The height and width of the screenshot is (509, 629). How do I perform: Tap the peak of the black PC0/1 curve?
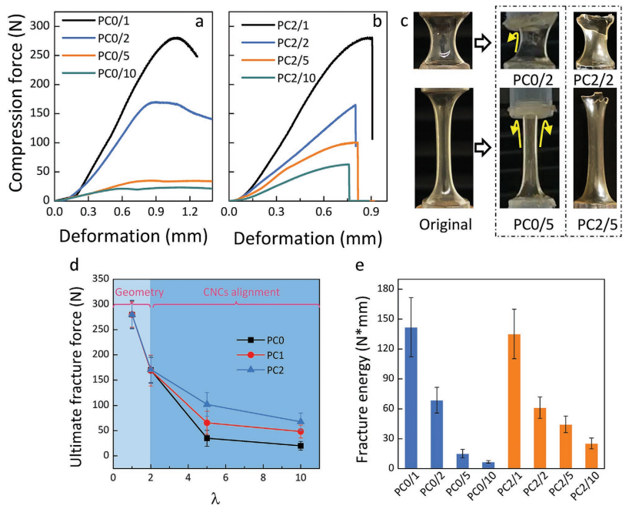click(176, 38)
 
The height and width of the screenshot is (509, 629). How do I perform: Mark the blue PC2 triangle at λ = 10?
click(301, 420)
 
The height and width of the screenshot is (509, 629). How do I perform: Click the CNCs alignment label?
click(231, 292)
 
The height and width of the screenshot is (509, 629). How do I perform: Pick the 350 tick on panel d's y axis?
click(101, 280)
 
